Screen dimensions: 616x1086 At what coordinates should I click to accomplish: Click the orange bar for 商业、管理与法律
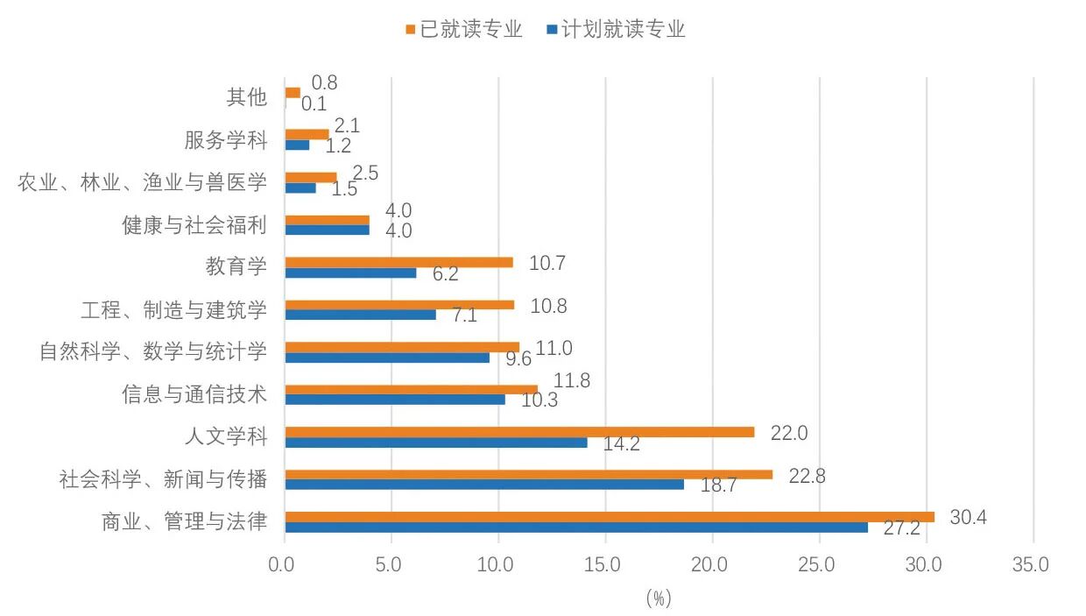[x=610, y=517]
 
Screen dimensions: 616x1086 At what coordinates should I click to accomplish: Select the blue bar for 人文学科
[x=436, y=443]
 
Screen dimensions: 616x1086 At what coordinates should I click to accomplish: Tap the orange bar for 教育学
[x=398, y=262]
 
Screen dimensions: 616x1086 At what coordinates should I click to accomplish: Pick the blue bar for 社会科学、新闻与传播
[x=484, y=484]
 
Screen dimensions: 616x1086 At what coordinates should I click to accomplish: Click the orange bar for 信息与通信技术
[x=412, y=389]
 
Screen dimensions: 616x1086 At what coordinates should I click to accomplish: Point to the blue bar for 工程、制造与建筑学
[x=361, y=315]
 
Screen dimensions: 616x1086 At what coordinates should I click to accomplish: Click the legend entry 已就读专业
[x=464, y=29]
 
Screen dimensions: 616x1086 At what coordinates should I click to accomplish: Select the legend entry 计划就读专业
[x=617, y=29]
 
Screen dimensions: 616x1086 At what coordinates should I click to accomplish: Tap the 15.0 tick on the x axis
[x=604, y=565]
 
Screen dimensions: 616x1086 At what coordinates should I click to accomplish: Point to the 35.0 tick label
[x=1030, y=565]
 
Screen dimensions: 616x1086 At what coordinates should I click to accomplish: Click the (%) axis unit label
[x=659, y=598]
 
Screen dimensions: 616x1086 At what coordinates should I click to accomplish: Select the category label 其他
[x=246, y=96]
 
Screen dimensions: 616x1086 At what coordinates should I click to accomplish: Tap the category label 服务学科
[x=225, y=139]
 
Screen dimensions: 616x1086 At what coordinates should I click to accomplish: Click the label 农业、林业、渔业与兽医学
[x=142, y=182]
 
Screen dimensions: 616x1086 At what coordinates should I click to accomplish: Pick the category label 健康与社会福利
[x=194, y=225]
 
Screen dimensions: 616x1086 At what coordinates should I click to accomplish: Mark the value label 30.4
[x=968, y=518]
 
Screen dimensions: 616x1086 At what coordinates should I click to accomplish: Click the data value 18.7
[x=718, y=485]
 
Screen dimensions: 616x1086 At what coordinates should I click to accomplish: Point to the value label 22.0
[x=788, y=433]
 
